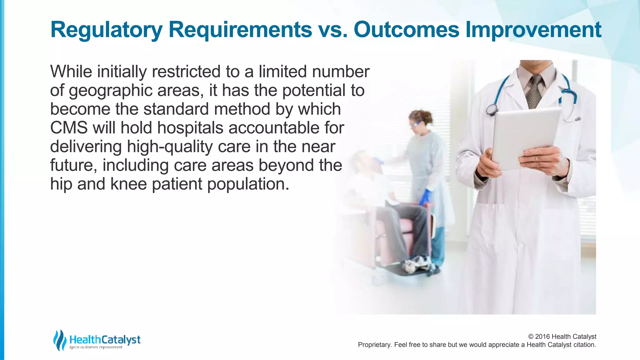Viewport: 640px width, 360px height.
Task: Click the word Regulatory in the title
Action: (106, 30)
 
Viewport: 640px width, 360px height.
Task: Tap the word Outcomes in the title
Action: (406, 30)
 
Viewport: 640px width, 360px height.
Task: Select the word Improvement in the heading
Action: (533, 30)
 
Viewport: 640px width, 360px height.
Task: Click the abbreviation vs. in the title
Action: (332, 30)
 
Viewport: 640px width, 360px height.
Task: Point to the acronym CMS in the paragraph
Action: (69, 128)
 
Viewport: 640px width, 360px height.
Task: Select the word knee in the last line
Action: (128, 184)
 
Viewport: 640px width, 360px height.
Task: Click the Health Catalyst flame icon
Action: (59, 340)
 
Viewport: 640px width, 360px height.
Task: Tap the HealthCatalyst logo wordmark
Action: (105, 339)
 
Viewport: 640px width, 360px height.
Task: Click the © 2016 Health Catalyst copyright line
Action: (562, 337)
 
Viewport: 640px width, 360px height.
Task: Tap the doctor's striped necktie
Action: (535, 91)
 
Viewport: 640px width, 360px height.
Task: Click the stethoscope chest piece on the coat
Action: (492, 109)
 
